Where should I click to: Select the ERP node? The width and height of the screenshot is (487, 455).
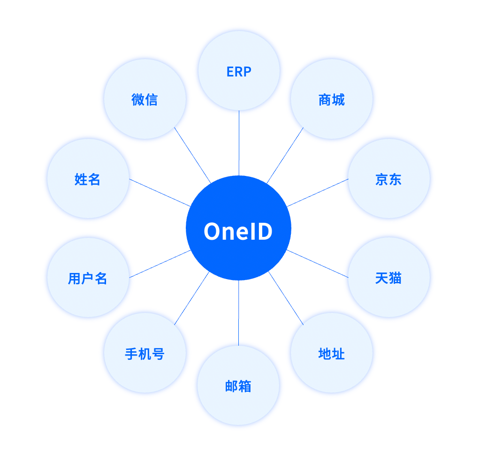click(x=239, y=71)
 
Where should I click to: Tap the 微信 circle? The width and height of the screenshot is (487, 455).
click(x=145, y=99)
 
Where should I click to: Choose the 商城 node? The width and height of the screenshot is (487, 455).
click(x=331, y=99)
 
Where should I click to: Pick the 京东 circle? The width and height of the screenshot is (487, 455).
click(x=388, y=179)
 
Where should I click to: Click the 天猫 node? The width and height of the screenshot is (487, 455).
click(x=388, y=278)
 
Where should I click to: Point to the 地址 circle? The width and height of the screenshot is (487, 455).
click(x=331, y=353)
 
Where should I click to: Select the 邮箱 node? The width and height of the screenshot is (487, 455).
click(x=238, y=386)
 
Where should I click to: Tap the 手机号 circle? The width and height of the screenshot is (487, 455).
click(x=145, y=353)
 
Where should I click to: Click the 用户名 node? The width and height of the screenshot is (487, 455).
click(x=88, y=278)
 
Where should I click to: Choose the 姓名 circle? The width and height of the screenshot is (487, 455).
click(x=88, y=179)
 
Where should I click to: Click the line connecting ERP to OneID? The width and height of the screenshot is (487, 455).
click(x=239, y=143)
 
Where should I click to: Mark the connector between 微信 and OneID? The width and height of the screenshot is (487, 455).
click(x=192, y=155)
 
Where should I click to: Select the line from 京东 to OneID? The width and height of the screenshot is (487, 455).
click(x=318, y=192)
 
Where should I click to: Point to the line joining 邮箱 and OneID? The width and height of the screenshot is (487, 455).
click(x=238, y=313)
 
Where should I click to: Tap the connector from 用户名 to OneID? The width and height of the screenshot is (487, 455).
click(x=160, y=264)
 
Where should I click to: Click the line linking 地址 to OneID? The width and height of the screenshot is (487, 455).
click(x=286, y=298)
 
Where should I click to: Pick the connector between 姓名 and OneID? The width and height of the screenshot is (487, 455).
click(x=160, y=192)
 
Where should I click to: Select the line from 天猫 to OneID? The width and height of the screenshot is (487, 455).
click(x=318, y=264)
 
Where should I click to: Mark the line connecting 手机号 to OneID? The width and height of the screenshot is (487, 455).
click(x=191, y=298)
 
